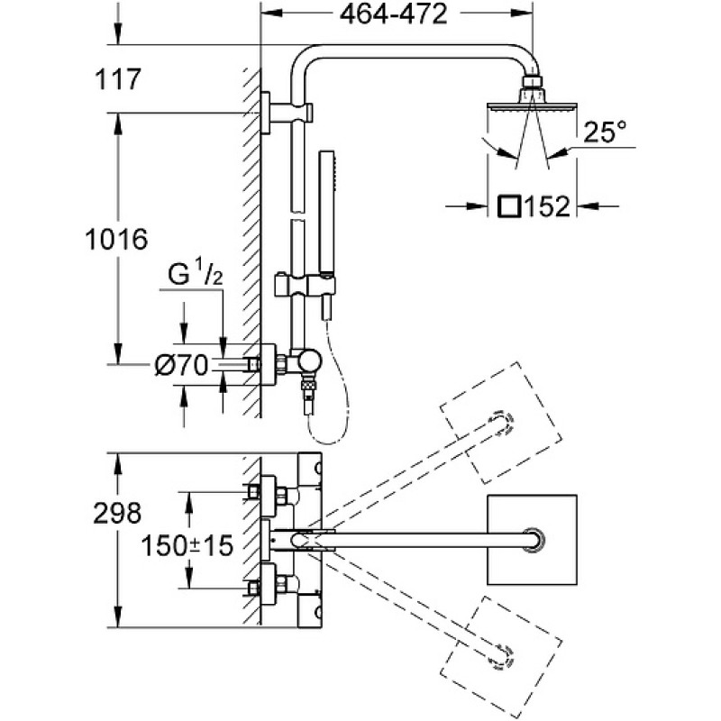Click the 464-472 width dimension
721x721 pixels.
[393, 14]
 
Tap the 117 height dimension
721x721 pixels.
[117, 79]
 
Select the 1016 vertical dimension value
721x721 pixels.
[117, 240]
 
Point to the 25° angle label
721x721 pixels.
[605, 132]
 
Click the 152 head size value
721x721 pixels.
[547, 207]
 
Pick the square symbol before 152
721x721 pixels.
[509, 206]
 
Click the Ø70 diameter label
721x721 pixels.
[181, 366]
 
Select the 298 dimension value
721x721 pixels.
[117, 514]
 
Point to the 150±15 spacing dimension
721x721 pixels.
[187, 547]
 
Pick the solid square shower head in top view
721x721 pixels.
[532, 540]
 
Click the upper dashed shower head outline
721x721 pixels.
[501, 423]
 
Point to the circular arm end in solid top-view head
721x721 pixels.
[534, 540]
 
